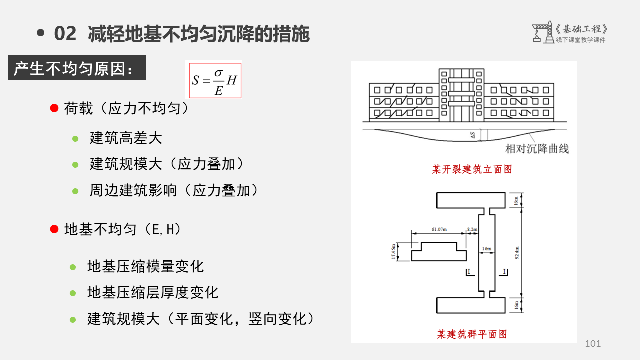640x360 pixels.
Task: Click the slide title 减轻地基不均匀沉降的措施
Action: tap(199, 34)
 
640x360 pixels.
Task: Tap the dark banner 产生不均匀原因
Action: tap(77, 68)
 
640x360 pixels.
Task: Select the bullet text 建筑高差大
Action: tap(126, 138)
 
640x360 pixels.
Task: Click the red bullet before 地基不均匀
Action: tap(55, 229)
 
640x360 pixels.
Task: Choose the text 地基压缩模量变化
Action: tap(145, 266)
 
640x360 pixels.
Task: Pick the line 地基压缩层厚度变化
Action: tap(153, 292)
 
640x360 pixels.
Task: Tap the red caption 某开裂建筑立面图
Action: tap(472, 170)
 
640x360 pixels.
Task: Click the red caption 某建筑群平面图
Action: tap(472, 334)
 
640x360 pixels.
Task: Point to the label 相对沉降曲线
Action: tap(537, 148)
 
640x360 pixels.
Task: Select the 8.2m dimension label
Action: tap(472, 229)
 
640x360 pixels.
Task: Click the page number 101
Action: tap(593, 344)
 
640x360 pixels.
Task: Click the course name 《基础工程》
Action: tap(583, 29)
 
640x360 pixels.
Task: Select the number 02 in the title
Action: tap(65, 34)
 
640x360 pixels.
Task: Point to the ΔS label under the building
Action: tap(473, 135)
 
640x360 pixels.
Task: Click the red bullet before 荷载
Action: tap(55, 108)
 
